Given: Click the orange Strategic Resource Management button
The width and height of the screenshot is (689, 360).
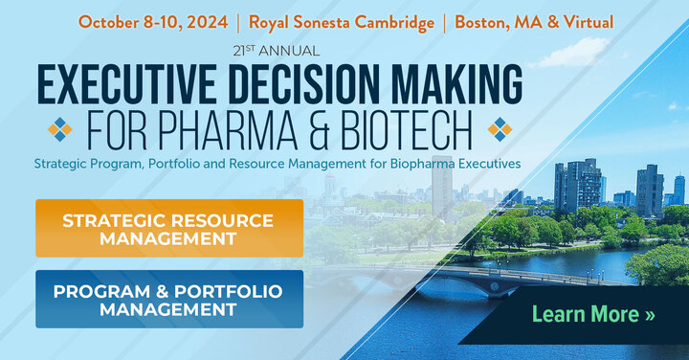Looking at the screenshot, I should (x=169, y=228).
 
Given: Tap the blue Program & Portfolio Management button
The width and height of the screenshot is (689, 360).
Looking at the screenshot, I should (x=169, y=299).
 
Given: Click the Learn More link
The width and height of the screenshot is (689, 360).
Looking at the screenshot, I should (x=593, y=314).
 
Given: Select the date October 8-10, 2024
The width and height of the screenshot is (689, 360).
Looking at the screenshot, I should (x=153, y=21).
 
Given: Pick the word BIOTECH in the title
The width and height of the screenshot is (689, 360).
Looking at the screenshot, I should (x=411, y=128).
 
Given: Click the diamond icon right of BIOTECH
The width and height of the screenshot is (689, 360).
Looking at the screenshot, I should (x=500, y=128).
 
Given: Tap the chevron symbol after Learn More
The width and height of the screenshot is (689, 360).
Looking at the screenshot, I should (x=650, y=314).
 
